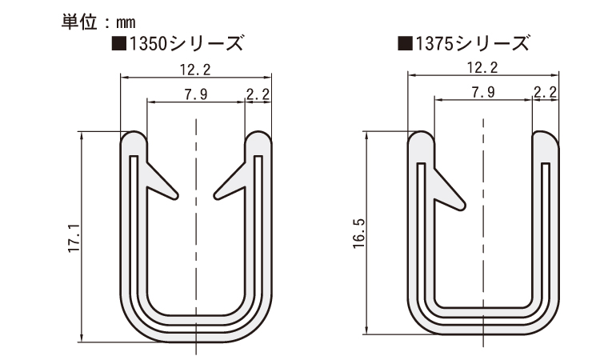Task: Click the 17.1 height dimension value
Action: pos(73,238)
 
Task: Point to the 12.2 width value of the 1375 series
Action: pos(482,67)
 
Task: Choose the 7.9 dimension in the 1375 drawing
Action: pos(482,92)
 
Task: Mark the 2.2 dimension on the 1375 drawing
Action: pos(545,92)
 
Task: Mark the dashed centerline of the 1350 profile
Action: pos(196,240)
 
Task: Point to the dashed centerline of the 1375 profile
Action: pos(482,240)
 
